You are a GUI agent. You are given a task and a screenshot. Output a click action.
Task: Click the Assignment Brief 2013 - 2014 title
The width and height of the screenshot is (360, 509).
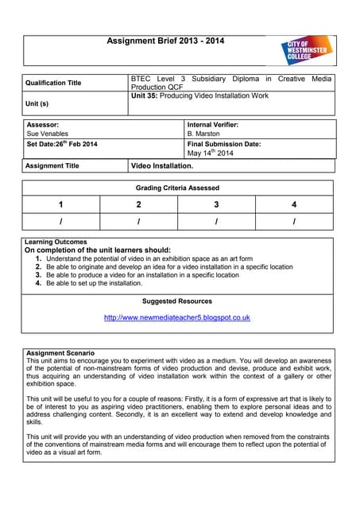(x=160, y=41)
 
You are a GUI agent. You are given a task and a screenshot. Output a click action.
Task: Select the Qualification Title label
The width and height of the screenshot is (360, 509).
(x=53, y=83)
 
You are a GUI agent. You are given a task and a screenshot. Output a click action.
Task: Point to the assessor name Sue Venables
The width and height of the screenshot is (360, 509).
(x=48, y=134)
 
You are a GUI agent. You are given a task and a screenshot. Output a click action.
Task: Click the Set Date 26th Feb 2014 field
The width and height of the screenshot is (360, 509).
(x=62, y=144)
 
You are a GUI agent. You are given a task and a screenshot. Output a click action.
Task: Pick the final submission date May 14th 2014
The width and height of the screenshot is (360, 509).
(x=211, y=153)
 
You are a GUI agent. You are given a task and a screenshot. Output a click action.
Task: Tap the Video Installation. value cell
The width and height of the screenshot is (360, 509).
(x=162, y=166)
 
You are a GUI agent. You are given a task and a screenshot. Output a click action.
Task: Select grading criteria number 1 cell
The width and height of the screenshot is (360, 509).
(x=61, y=204)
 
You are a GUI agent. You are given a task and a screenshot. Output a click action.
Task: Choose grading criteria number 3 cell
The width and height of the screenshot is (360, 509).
(x=216, y=204)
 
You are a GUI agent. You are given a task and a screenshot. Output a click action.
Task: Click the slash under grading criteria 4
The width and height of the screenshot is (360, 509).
(x=294, y=221)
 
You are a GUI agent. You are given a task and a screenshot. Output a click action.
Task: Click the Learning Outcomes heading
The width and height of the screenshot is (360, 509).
(x=56, y=242)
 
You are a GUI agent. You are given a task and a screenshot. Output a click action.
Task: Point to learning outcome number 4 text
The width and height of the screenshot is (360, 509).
(x=94, y=283)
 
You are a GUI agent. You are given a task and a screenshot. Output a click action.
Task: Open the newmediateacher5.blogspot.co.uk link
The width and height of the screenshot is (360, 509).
(x=177, y=317)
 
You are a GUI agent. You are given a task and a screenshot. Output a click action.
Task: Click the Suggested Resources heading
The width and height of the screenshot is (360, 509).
(x=177, y=301)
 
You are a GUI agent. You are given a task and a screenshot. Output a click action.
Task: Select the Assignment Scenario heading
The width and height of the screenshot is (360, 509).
(x=60, y=352)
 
